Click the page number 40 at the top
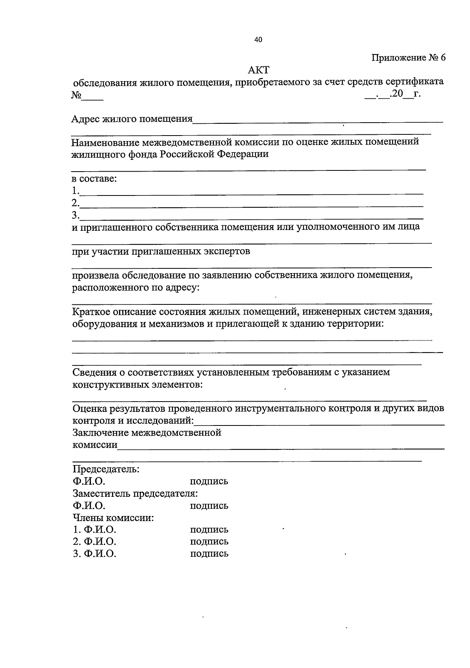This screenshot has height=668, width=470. pos(258,40)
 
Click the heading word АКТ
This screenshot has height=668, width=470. pos(259,70)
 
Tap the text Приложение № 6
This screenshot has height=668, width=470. pos(409,58)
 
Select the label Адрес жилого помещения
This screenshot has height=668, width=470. pos(132,118)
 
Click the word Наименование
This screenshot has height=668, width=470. pos(105,141)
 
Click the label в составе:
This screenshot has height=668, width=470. pos(94,179)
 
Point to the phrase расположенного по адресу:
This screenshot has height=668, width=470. pos(136,288)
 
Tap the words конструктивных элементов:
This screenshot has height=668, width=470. pos(138,384)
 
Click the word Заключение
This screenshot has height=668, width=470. pos(101,433)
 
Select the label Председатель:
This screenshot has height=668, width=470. pos(106,469)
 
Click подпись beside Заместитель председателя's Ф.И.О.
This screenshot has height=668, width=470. pos(209,505)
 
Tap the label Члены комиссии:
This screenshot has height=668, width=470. pos(113,518)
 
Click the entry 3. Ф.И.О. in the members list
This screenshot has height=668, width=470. pos(94,554)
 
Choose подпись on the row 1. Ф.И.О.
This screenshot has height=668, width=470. pos(209,530)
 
